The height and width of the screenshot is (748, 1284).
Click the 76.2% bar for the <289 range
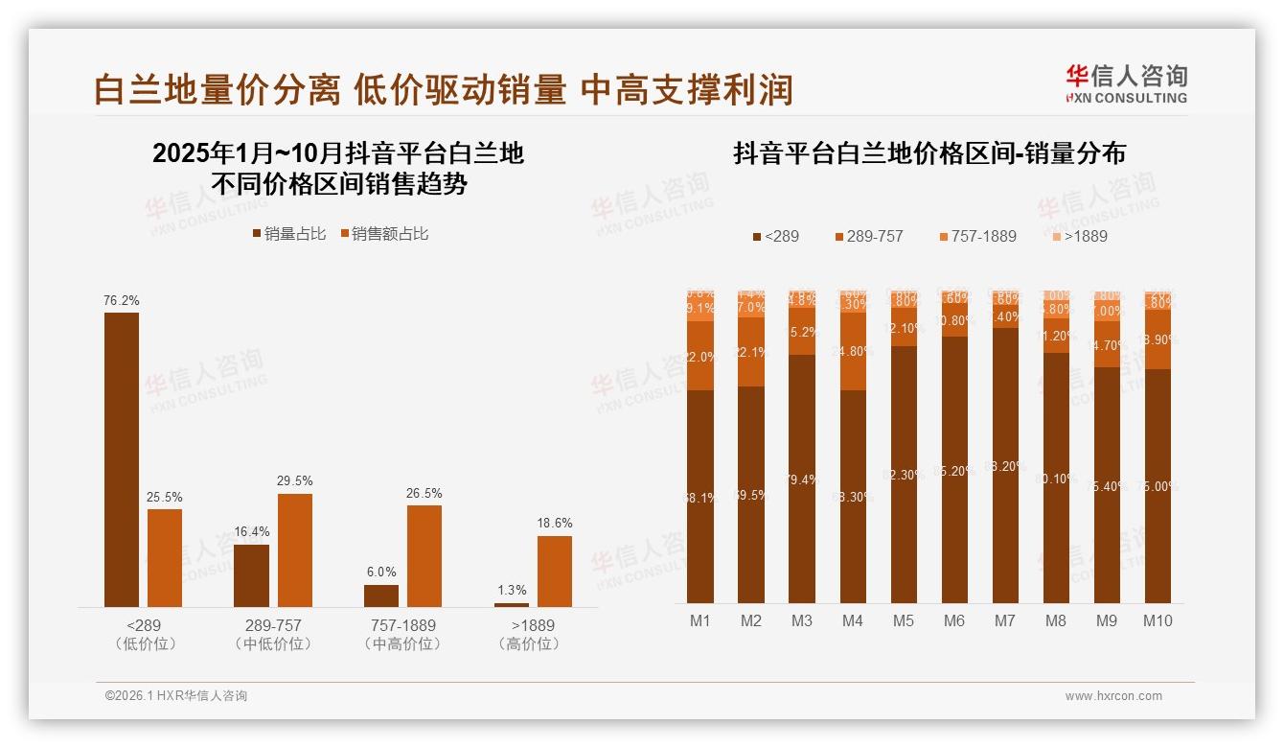pyautogui.click(x=122, y=459)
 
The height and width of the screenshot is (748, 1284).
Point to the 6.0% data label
pyautogui.click(x=380, y=572)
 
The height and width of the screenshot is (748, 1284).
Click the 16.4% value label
pyautogui.click(x=251, y=531)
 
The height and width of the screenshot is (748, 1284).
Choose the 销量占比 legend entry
pyautogui.click(x=289, y=234)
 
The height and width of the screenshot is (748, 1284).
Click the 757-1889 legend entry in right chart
pyautogui.click(x=977, y=236)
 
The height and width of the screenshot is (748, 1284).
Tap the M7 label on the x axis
pyautogui.click(x=1004, y=620)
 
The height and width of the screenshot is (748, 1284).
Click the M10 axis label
pyautogui.click(x=1158, y=620)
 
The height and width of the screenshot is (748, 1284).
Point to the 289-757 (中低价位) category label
pyautogui.click(x=273, y=634)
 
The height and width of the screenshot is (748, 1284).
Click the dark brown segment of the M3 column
pyautogui.click(x=801, y=479)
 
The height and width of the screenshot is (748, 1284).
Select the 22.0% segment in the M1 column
pyautogui.click(x=700, y=356)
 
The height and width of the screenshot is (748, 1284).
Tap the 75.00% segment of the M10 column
pyautogui.click(x=1158, y=485)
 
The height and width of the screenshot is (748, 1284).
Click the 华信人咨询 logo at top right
pyautogui.click(x=1126, y=83)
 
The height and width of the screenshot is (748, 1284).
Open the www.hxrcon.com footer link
pyautogui.click(x=1113, y=696)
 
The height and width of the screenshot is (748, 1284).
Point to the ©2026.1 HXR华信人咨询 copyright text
pyautogui.click(x=176, y=696)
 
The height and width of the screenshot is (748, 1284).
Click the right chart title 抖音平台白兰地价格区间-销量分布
pyautogui.click(x=929, y=153)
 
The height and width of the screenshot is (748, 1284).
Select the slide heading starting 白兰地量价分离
pyautogui.click(x=443, y=89)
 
